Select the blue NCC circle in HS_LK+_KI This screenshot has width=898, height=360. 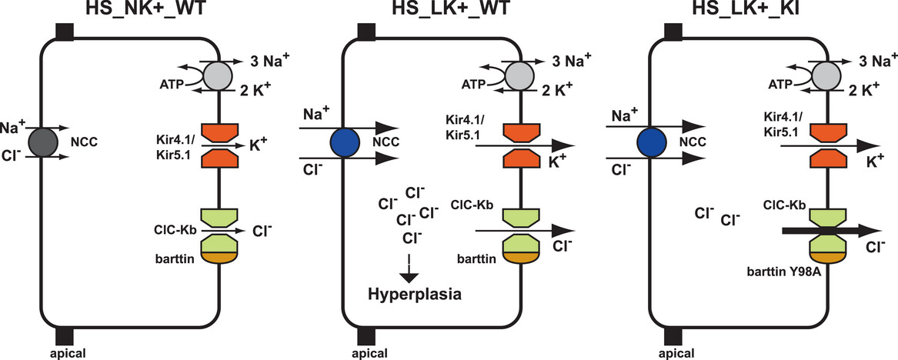[653, 144]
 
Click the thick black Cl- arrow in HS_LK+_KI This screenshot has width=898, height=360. [827, 230]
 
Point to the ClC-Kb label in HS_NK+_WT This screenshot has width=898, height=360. [175, 227]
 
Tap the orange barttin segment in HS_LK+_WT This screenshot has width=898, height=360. [522, 259]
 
